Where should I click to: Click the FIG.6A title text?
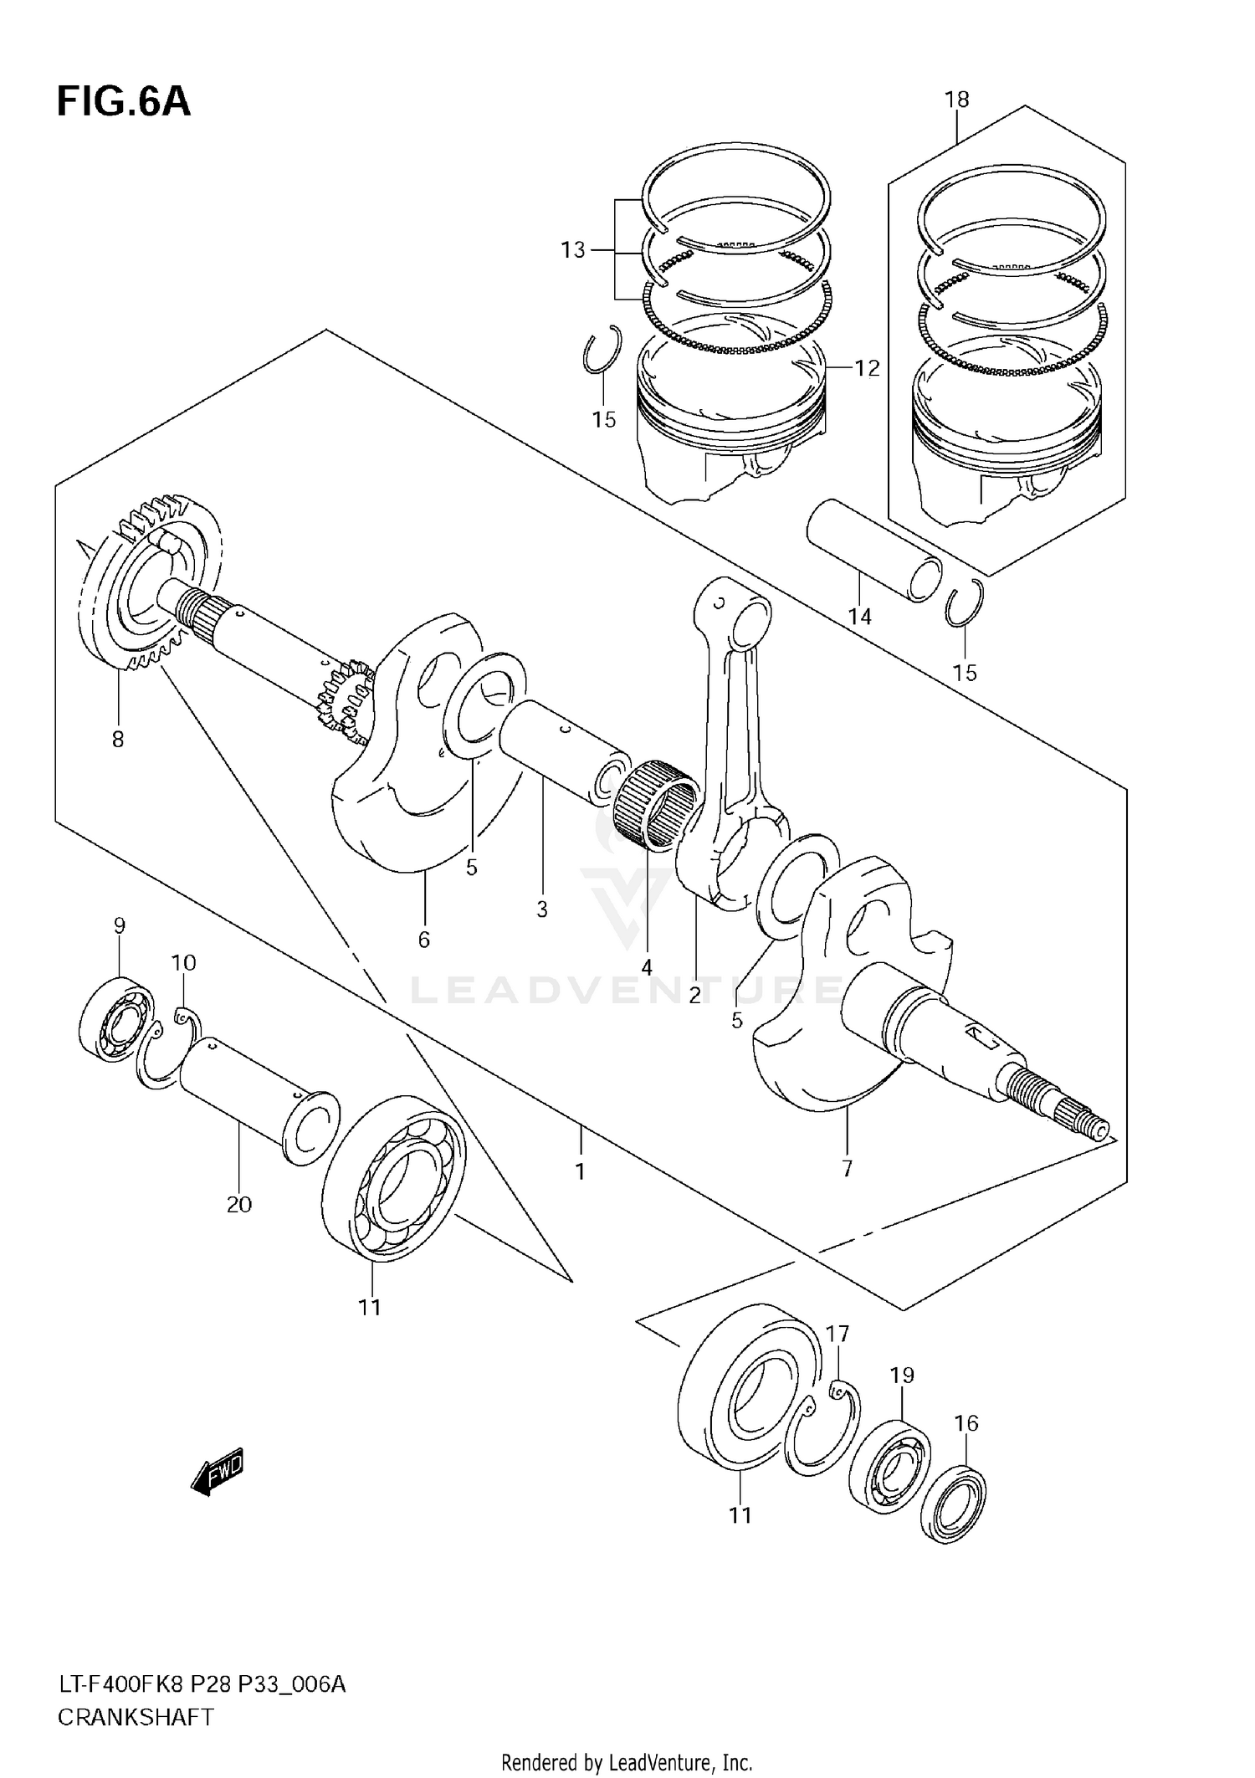(124, 102)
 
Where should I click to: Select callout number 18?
(956, 100)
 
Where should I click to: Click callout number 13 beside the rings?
(573, 250)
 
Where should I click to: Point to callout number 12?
(867, 368)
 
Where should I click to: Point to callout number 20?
(238, 1204)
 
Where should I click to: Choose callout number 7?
(847, 1168)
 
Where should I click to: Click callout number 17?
(838, 1334)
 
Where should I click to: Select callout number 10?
(184, 963)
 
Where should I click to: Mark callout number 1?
(580, 1171)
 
